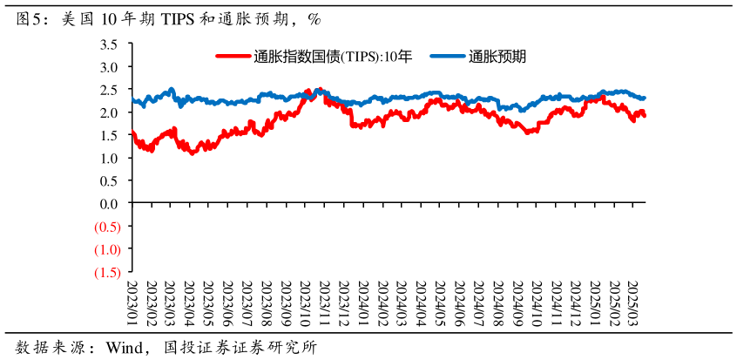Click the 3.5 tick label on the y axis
coord(109,44)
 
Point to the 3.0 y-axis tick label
coord(109,67)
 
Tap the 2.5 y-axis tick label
coord(109,90)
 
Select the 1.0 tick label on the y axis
coord(109,159)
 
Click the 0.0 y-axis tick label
coord(109,204)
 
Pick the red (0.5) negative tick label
coord(106,227)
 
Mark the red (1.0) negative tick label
coord(106,249)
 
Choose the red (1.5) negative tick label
coord(106,272)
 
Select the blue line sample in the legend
coord(446,57)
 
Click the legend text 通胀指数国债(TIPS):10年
coord(332,57)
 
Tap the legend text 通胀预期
coord(497,57)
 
